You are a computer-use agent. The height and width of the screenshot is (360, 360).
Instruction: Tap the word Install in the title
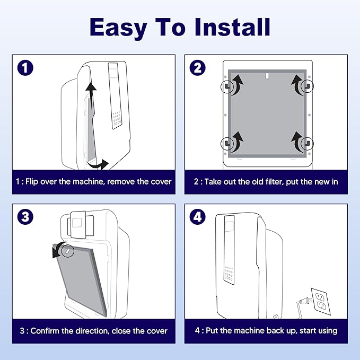pyautogui.click(x=232, y=27)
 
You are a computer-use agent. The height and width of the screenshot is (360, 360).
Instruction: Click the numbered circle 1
pyautogui.click(x=25, y=68)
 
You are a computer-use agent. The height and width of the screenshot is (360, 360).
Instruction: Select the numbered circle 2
pyautogui.click(x=197, y=68)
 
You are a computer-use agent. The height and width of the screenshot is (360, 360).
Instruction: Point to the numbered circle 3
pyautogui.click(x=25, y=217)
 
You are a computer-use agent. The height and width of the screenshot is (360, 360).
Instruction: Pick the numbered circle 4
pyautogui.click(x=197, y=217)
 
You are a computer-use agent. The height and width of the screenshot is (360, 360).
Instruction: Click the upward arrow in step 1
pyautogui.click(x=91, y=96)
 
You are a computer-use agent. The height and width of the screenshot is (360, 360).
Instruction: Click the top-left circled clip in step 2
pyautogui.click(x=227, y=86)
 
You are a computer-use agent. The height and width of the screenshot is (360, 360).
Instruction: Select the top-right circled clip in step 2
pyautogui.click(x=307, y=86)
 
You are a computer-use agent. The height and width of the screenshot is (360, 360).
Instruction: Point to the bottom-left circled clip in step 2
pyautogui.click(x=227, y=144)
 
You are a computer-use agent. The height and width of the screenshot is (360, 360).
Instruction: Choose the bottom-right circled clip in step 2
pyautogui.click(x=307, y=144)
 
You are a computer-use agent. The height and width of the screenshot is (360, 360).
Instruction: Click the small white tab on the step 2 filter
pyautogui.click(x=267, y=76)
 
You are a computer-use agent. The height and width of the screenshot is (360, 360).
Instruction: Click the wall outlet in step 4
pyautogui.click(x=321, y=301)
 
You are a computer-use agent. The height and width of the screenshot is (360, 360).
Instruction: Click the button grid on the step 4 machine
pyautogui.click(x=229, y=274)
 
